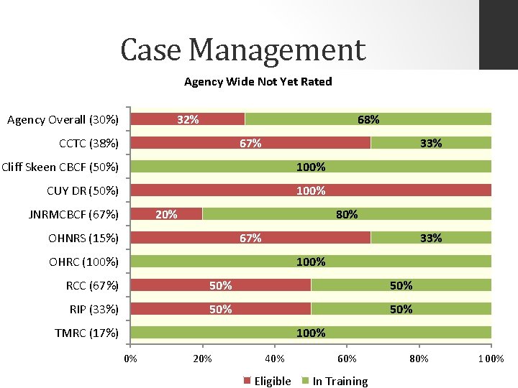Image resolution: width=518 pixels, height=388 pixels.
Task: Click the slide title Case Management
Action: [242, 50]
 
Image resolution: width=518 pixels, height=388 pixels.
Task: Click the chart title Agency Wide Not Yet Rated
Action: [258, 81]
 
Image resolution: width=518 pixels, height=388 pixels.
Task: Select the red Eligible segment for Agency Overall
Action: [188, 119]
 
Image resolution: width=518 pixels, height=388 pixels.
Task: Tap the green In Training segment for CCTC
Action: [431, 143]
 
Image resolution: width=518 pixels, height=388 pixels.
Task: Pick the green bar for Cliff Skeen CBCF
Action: [311, 167]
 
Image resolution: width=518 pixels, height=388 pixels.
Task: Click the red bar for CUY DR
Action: [311, 190]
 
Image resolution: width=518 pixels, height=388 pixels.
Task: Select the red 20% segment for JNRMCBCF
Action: [166, 214]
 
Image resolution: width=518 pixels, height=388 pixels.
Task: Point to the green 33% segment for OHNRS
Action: [431, 238]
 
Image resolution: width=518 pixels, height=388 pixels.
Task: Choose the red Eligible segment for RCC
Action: [220, 285]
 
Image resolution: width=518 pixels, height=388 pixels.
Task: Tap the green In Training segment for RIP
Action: [401, 309]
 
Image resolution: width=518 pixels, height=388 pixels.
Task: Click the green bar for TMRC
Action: [311, 333]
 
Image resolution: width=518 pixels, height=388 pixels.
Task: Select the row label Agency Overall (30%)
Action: [63, 119]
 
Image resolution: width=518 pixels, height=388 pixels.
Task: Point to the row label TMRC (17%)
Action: [86, 333]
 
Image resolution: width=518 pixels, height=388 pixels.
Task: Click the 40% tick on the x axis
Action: [275, 359]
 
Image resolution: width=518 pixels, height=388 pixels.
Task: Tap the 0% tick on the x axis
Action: [130, 359]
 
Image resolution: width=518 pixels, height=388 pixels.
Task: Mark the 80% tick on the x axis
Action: [419, 359]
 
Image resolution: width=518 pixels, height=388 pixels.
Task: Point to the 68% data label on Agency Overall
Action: [368, 119]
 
